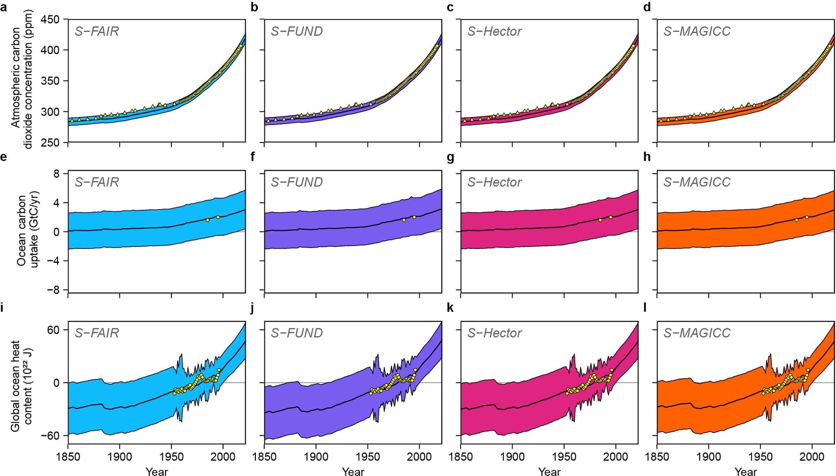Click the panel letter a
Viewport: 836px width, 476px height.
(4, 7)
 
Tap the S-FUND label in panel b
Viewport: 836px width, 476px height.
(297, 31)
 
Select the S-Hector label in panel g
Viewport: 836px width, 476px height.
(494, 182)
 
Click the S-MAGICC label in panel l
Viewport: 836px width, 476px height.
(697, 333)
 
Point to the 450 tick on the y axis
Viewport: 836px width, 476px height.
(51, 19)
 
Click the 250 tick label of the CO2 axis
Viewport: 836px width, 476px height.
(51, 143)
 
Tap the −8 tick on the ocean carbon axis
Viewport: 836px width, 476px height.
(52, 290)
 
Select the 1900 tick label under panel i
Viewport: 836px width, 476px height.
(120, 457)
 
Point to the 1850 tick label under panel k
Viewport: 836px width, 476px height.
(461, 457)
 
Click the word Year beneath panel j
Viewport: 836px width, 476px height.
(353, 471)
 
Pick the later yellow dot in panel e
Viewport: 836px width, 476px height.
(218, 217)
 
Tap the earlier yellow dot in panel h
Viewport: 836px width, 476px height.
(796, 220)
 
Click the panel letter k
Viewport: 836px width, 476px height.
(450, 308)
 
